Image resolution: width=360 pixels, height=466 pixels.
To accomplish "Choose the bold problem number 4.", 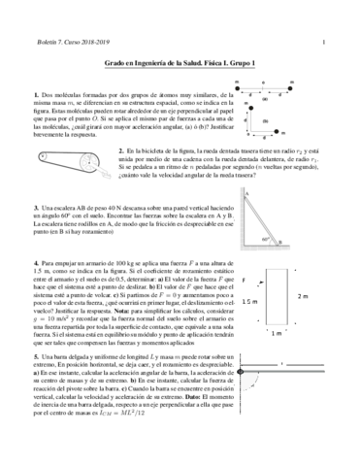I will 34,263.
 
